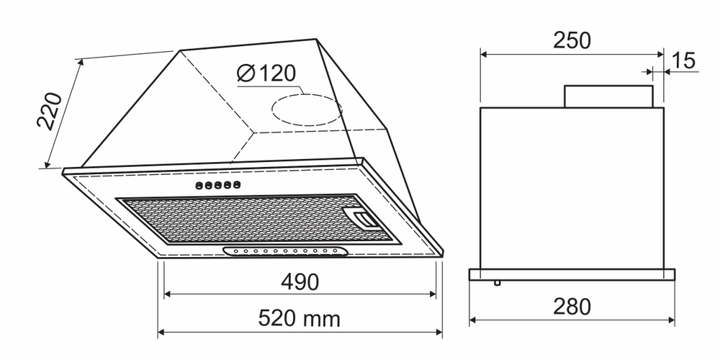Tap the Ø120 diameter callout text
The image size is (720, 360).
tap(266, 73)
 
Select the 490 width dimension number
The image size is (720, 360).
tap(300, 282)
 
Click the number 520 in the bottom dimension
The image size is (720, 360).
tap(276, 318)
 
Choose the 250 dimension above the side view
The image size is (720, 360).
tap(572, 40)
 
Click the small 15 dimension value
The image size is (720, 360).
tap(685, 60)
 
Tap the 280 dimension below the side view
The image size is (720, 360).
tap(572, 307)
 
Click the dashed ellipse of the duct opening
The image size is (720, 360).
tap(306, 109)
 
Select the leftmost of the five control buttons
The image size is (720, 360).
tap(198, 186)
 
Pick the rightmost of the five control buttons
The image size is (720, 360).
tap(235, 186)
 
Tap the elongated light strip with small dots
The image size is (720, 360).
tap(286, 251)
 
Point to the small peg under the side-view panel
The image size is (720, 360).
tap(497, 283)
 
